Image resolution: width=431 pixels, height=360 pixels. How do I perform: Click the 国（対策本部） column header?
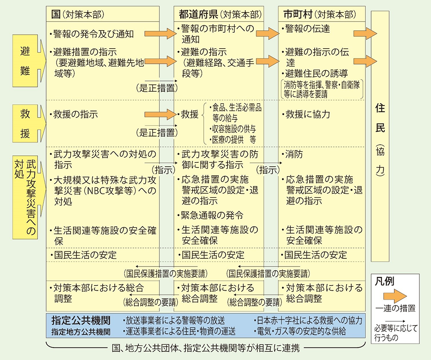tap(78, 14)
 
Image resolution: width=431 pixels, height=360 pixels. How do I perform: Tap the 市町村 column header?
tap(320, 14)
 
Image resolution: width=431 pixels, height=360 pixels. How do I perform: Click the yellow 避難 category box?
tap(25, 61)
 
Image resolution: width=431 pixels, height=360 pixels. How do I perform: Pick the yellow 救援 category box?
tap(25, 124)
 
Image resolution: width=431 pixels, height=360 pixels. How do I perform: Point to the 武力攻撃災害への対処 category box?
tap(25, 197)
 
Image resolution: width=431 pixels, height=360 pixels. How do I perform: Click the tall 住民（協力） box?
tap(380, 136)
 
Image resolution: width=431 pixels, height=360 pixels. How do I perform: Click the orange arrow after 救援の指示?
tap(160, 114)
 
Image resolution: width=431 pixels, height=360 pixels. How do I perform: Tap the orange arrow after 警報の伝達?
tap(365, 34)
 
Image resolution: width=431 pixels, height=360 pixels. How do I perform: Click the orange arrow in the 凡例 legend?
tap(395, 296)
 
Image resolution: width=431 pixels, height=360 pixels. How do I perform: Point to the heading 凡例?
tap(384, 282)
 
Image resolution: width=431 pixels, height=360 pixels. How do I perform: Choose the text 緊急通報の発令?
tap(210, 215)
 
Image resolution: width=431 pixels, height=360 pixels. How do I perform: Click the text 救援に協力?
tap(306, 114)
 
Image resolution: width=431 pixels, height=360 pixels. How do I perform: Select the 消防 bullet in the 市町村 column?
tap(292, 154)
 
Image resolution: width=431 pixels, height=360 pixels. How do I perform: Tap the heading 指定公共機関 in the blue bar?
tap(81, 320)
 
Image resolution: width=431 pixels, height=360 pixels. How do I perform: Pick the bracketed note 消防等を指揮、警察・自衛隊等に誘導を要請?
tap(322, 89)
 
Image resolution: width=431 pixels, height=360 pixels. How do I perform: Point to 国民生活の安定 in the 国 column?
tap(84, 255)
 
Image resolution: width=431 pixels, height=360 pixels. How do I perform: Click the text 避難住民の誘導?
tap(315, 74)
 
